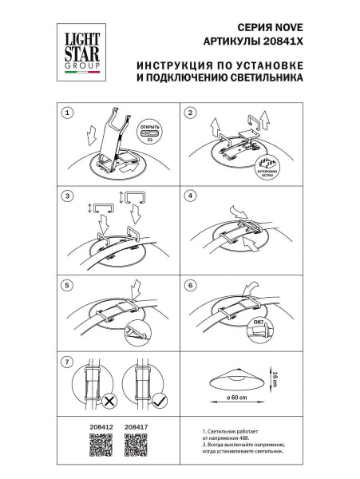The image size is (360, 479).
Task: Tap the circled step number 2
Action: (x=190, y=113)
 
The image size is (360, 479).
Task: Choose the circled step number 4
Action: (x=190, y=195)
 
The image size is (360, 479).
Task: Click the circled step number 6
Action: (x=190, y=283)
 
